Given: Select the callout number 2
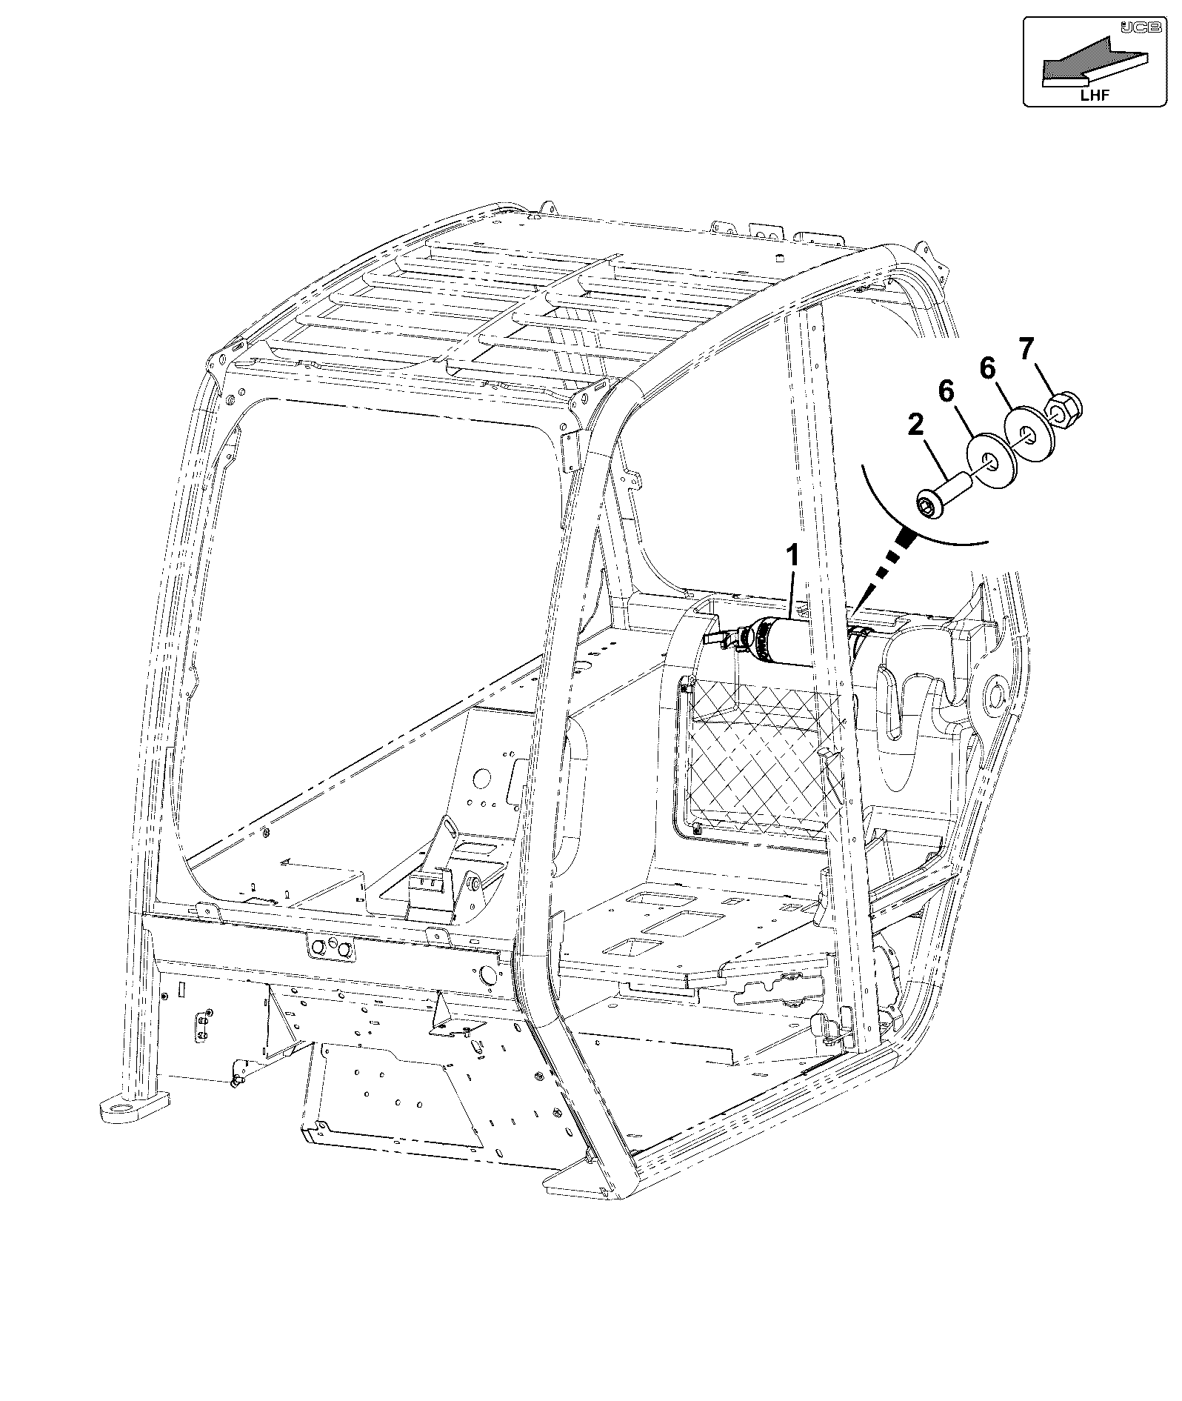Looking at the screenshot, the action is pos(915,425).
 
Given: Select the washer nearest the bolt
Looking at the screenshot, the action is pos(988,465).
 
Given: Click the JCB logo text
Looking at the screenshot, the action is pos(1134,27).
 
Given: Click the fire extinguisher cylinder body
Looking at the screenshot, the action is pos(785,638).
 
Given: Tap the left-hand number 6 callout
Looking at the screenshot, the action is pos(947,391).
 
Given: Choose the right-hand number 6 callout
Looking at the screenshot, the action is pos(988,367).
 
